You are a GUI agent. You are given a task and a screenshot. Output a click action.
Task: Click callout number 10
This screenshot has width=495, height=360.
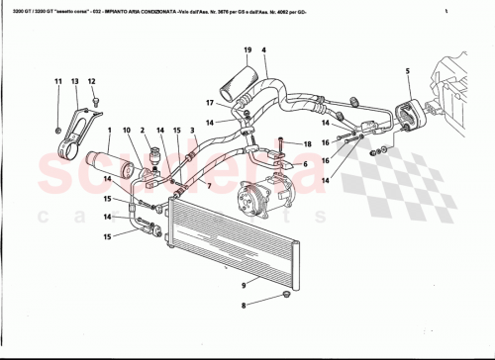tap(126, 131)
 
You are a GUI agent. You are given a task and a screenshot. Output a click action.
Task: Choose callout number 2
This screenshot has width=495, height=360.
tap(143, 131)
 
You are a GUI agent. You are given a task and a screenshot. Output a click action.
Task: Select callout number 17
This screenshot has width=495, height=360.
tap(209, 102)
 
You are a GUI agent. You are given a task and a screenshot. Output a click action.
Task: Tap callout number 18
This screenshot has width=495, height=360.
tap(307, 144)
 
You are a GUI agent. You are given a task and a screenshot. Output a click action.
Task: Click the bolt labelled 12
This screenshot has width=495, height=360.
tap(95, 100)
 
